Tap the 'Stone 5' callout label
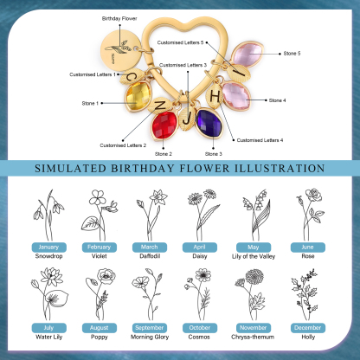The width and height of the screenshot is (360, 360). coord(293,54)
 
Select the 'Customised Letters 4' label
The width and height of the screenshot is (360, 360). coord(260,139)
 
